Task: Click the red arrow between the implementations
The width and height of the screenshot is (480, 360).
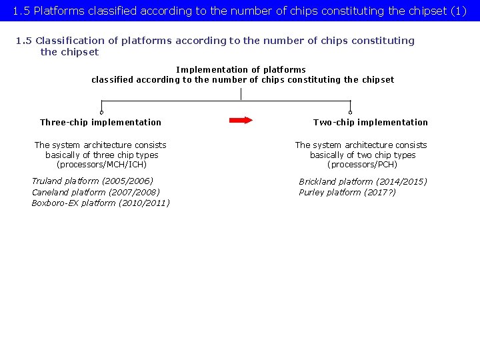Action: point(241,121)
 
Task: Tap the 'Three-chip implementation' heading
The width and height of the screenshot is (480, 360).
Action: point(101,122)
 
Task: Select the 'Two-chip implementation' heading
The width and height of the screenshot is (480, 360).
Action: point(371,122)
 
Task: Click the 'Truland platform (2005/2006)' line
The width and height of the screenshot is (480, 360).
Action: point(93,181)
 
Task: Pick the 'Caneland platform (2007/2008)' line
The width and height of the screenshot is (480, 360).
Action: point(96,192)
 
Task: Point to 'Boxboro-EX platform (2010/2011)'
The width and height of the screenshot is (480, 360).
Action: point(101,203)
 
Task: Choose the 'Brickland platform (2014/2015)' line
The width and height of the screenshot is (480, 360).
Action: point(363,181)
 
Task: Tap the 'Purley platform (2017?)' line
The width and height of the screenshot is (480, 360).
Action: point(347,193)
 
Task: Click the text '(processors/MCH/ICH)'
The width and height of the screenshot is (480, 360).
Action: point(101,165)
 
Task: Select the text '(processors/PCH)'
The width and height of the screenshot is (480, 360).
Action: point(362,165)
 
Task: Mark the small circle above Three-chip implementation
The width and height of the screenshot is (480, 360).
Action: point(101,112)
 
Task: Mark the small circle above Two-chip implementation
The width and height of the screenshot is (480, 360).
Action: point(350,112)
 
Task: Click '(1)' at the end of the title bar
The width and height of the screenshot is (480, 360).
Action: point(459,11)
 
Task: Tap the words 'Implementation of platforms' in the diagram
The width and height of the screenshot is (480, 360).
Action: point(241,69)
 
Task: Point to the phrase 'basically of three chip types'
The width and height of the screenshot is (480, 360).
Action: point(102,155)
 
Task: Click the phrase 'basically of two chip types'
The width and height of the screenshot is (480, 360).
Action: point(363,155)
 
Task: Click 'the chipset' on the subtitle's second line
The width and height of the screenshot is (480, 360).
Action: point(69,52)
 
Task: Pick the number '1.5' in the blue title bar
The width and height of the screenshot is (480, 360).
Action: point(21,11)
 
